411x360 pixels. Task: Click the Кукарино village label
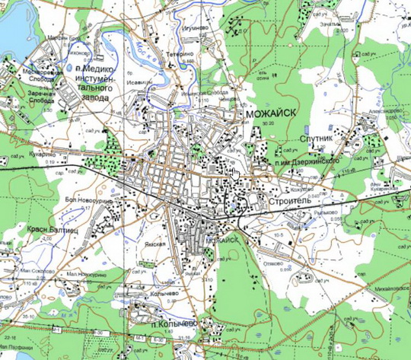23,153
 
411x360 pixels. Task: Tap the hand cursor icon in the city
235,174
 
